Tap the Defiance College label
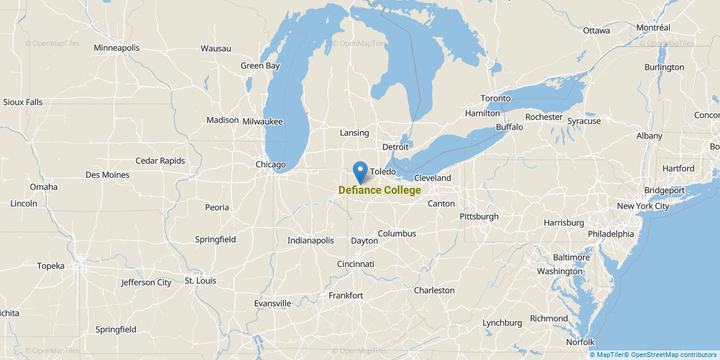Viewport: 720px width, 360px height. pos(379,190)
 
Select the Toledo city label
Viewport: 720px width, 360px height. pos(383,172)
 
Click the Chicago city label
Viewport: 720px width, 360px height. pos(271,164)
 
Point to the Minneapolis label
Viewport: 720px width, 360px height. pos(116,47)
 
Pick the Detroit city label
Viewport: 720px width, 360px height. pos(395,146)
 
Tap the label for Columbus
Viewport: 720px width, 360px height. pos(397,233)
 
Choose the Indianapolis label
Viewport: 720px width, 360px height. pos(310,240)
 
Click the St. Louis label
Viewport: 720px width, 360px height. pos(200,280)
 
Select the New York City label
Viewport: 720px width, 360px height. pos(643,206)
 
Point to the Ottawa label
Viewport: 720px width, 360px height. pos(596,30)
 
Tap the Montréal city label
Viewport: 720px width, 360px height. pos(653,28)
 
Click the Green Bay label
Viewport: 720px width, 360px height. pos(260,65)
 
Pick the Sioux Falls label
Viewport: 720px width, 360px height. pos(23,102)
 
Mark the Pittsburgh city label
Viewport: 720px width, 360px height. pos(479,216)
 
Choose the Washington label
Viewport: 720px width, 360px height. pos(559,271)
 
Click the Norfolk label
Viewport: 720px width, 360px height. pos(580,342)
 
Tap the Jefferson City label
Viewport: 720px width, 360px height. pos(146,282)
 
